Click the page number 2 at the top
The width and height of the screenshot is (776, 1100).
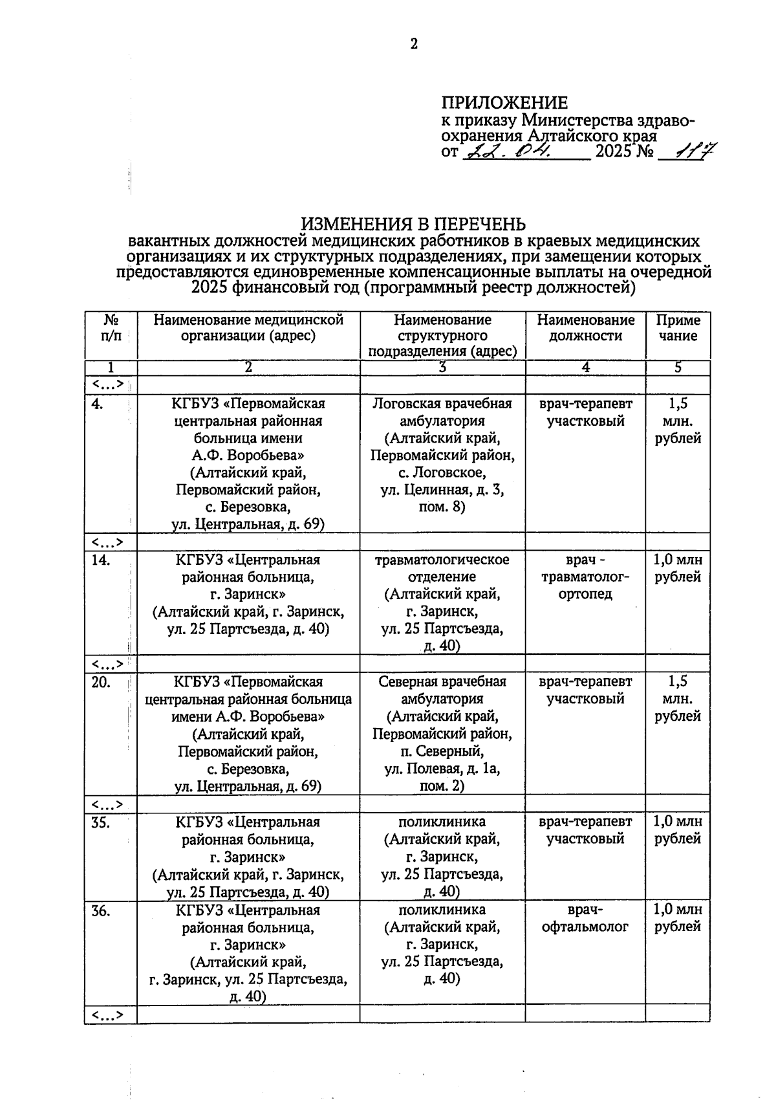tap(414, 44)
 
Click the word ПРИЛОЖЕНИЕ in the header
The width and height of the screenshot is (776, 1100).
tap(504, 103)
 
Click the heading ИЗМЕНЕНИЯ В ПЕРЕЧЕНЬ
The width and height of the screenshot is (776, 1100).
tap(414, 225)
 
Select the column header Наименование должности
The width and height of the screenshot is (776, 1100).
tap(585, 328)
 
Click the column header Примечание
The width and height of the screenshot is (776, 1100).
tap(677, 328)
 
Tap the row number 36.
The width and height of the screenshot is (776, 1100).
tap(101, 911)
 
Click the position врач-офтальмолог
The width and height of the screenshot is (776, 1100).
tap(585, 919)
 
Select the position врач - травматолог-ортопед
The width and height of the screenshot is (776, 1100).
tap(585, 577)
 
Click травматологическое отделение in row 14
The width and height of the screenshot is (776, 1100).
tap(442, 568)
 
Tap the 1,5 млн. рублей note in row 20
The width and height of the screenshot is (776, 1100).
tap(677, 699)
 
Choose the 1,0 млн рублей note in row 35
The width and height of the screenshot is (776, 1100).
tap(677, 830)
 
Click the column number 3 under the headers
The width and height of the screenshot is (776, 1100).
tap(442, 368)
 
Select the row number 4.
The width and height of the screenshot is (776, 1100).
tap(98, 404)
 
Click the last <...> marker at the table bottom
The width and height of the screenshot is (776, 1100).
tap(107, 1015)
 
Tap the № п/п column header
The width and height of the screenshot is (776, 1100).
tap(111, 328)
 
